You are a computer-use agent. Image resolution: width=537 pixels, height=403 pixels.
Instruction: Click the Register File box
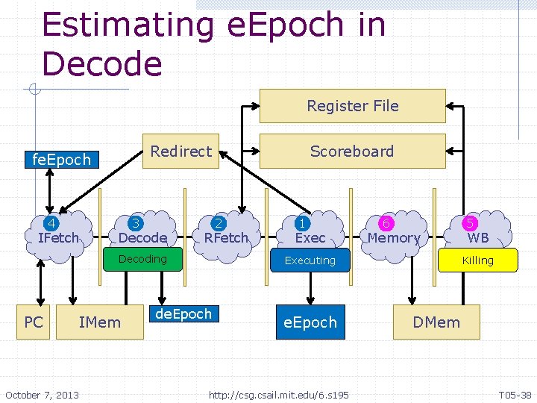(352, 106)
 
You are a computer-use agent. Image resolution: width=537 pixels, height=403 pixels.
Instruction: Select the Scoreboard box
(352, 151)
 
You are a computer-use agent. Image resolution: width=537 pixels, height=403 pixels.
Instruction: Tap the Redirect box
(180, 151)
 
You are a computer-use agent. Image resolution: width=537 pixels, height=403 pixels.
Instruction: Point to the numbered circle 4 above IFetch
(52, 223)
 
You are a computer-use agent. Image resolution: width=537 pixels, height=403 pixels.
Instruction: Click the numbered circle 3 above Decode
(136, 223)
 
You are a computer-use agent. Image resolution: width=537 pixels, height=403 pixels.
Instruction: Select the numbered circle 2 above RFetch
(219, 223)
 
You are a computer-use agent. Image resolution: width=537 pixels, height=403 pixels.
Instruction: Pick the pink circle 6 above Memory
(386, 223)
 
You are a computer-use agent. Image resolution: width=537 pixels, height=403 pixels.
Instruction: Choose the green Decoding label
(142, 259)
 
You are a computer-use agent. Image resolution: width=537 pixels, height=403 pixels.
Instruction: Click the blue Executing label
(310, 260)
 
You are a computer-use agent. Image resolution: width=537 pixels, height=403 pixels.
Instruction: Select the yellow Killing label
(477, 260)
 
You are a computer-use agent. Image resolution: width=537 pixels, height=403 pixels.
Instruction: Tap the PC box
(34, 322)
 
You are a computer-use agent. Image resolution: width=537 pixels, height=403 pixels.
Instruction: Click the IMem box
(99, 322)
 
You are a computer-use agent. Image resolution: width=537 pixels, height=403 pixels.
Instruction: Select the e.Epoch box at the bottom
(310, 322)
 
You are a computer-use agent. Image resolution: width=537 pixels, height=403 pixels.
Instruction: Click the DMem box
(436, 322)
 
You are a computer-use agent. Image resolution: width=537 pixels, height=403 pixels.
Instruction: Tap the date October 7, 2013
(42, 394)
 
